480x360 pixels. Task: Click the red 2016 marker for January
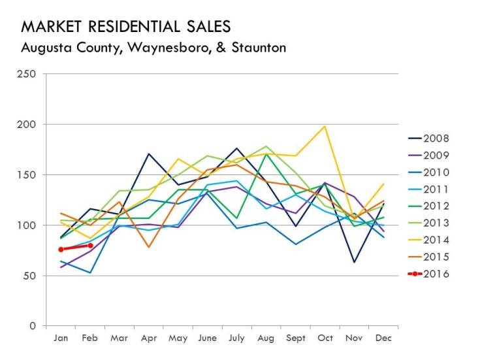pyautogui.click(x=61, y=250)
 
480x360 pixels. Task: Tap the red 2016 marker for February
pyautogui.click(x=90, y=246)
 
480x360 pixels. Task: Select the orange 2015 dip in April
pyautogui.click(x=149, y=247)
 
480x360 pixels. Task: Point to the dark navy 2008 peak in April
pyautogui.click(x=149, y=154)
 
